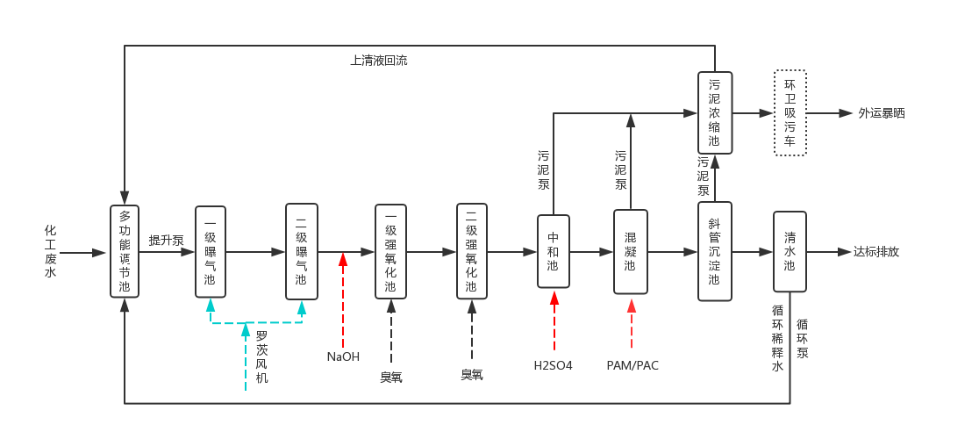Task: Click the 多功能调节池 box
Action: [x=125, y=251]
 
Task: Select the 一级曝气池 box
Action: [x=211, y=251]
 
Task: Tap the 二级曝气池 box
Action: [x=301, y=251]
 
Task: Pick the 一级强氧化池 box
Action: [x=390, y=251]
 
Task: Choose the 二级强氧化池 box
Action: [x=471, y=251]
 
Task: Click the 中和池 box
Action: [x=553, y=251]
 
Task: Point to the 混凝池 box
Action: [x=630, y=251]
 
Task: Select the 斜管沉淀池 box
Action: [x=714, y=251]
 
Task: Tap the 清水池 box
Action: [x=790, y=251]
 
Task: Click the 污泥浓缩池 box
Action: [x=714, y=113]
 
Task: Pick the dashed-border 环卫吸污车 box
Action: [x=790, y=113]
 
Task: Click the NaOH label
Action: [x=343, y=356]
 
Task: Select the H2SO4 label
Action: [x=553, y=364]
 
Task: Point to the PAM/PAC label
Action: [x=632, y=364]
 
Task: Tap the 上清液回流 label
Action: [x=379, y=61]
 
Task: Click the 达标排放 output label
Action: [x=876, y=252]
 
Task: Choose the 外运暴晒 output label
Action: [x=882, y=113]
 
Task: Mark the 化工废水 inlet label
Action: [x=50, y=251]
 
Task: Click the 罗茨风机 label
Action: [x=261, y=356]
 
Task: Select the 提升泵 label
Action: [x=166, y=240]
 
